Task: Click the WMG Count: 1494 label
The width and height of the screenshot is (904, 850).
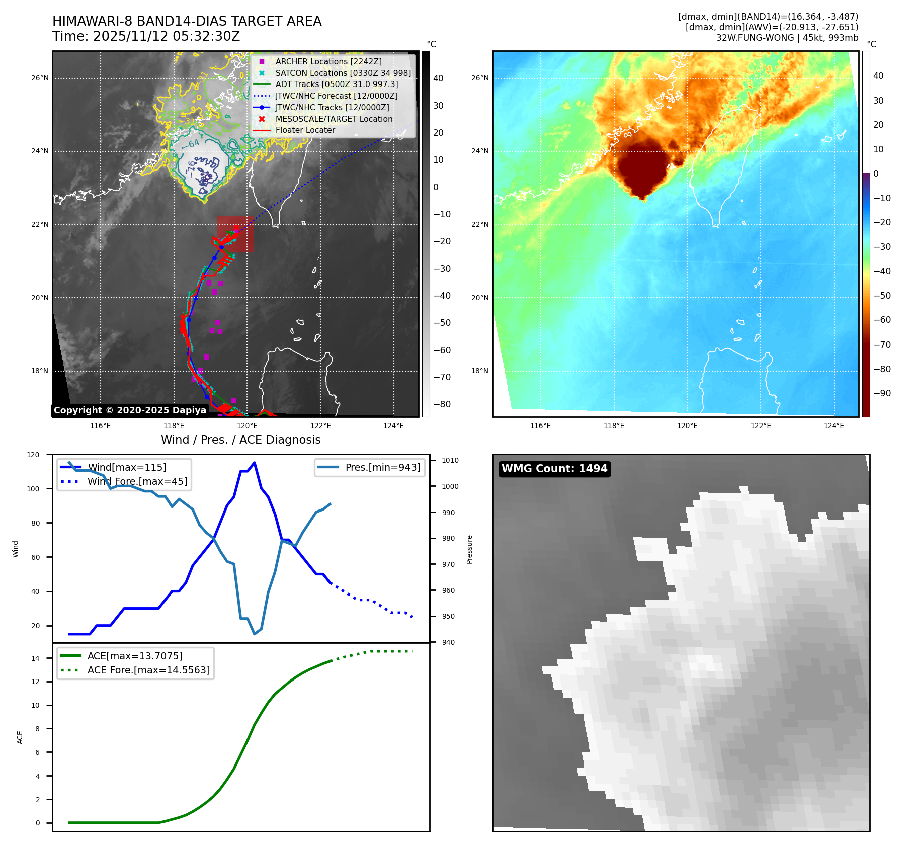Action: point(554,469)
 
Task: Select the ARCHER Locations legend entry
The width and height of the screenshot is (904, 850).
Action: point(328,61)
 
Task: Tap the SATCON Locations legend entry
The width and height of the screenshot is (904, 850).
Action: point(343,73)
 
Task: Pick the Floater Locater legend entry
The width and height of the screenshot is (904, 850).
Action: point(305,130)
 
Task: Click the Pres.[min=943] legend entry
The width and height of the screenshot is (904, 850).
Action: point(382,467)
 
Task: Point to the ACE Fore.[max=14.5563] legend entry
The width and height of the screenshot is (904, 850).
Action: point(148,670)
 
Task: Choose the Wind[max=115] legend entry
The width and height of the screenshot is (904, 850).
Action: point(127,467)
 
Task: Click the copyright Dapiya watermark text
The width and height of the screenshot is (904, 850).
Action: point(130,410)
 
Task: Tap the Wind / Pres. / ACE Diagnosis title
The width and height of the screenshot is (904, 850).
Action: point(240,440)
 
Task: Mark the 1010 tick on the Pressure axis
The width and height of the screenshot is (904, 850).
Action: point(450,460)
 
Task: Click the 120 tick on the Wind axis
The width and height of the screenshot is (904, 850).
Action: point(33,455)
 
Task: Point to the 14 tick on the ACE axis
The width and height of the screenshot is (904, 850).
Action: point(35,658)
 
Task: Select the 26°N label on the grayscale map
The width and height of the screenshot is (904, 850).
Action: point(40,78)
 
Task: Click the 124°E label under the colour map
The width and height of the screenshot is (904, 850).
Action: point(834,426)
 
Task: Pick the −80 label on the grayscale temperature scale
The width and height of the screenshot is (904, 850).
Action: point(442,404)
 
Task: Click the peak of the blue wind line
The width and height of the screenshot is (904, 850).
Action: point(255,463)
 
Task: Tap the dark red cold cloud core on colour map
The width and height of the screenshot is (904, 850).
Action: point(641,168)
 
